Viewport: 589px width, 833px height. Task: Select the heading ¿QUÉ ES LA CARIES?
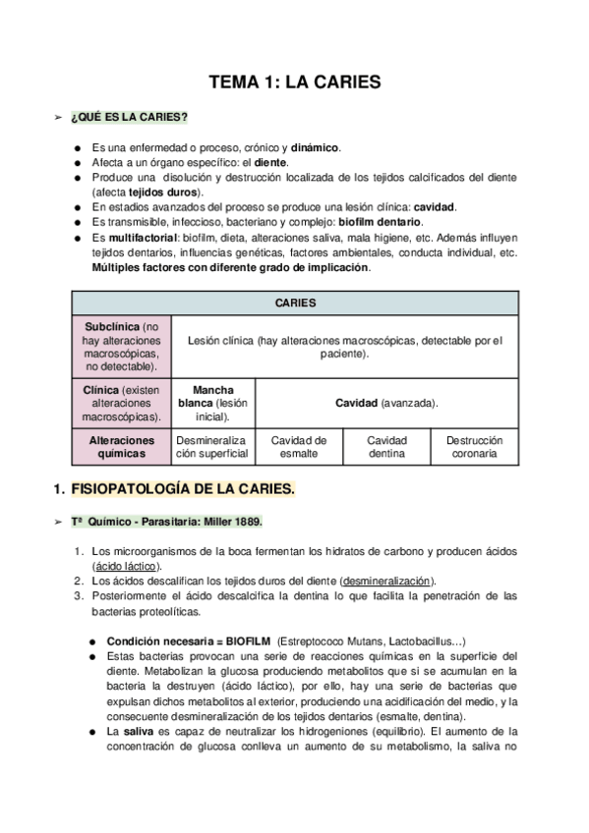point(129,118)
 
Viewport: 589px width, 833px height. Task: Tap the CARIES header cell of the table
point(295,303)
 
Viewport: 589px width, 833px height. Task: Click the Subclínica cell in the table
point(121,346)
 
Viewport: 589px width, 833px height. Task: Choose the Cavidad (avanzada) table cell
point(386,403)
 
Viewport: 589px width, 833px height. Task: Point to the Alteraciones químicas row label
point(121,447)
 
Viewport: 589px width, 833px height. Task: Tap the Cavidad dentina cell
point(386,447)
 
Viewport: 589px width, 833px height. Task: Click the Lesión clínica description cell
point(344,347)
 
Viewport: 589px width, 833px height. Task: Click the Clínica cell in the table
point(121,403)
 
